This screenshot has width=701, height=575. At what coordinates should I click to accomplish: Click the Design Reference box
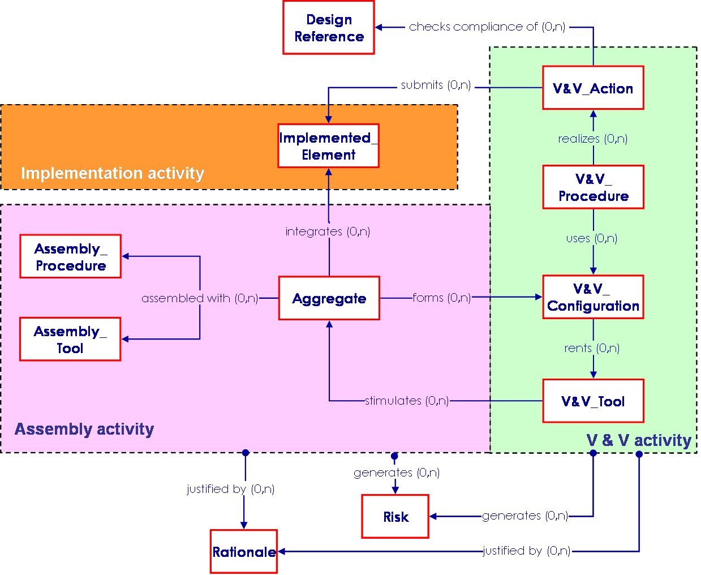329,28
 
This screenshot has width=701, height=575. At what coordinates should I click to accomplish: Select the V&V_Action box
593,88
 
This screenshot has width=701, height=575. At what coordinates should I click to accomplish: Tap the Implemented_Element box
328,146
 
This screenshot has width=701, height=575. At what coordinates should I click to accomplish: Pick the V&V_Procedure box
593,187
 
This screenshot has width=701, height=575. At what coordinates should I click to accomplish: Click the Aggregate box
329,298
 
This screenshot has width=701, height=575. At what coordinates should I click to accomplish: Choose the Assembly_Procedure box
71,256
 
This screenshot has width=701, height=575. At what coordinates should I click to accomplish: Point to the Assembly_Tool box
70,339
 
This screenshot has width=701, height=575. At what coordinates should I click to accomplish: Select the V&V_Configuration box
593,297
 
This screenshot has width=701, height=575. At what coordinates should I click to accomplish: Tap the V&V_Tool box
593,401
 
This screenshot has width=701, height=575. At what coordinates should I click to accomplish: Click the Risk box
395,517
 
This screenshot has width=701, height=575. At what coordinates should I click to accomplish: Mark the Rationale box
244,552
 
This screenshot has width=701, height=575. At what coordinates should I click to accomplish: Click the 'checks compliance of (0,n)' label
487,27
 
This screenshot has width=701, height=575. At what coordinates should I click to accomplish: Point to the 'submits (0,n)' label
436,85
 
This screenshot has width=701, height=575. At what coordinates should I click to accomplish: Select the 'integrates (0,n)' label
328,231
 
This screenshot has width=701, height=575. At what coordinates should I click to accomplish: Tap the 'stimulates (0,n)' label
407,401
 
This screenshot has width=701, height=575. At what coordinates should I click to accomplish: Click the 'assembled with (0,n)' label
200,298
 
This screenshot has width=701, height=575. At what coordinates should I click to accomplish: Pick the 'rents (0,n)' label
592,348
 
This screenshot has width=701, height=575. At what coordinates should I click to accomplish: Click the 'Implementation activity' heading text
113,173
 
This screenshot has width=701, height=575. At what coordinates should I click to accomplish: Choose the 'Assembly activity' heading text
84,429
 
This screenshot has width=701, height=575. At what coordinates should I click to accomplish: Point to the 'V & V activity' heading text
639,440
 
